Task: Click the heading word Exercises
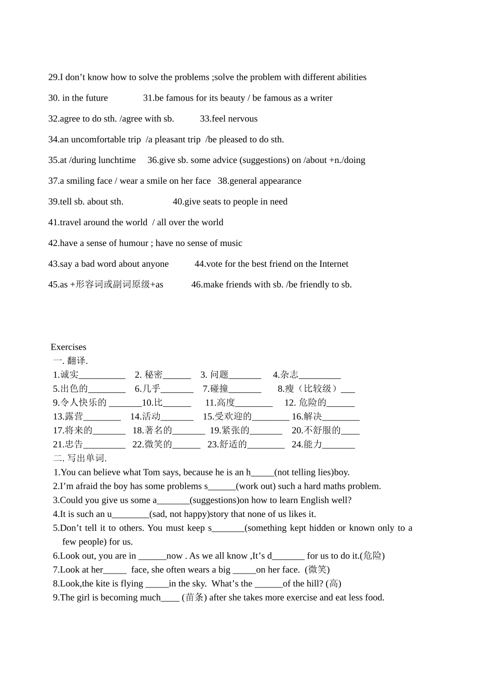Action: click(x=69, y=347)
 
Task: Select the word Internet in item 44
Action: click(x=334, y=264)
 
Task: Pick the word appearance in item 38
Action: click(x=282, y=181)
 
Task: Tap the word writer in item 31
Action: click(x=321, y=98)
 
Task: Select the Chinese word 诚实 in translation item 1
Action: click(x=70, y=375)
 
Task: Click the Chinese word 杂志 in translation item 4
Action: click(x=290, y=375)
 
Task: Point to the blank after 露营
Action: click(x=102, y=417)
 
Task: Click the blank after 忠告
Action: click(x=104, y=445)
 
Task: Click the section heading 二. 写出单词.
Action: click(x=80, y=458)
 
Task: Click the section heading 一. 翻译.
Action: click(x=71, y=361)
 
